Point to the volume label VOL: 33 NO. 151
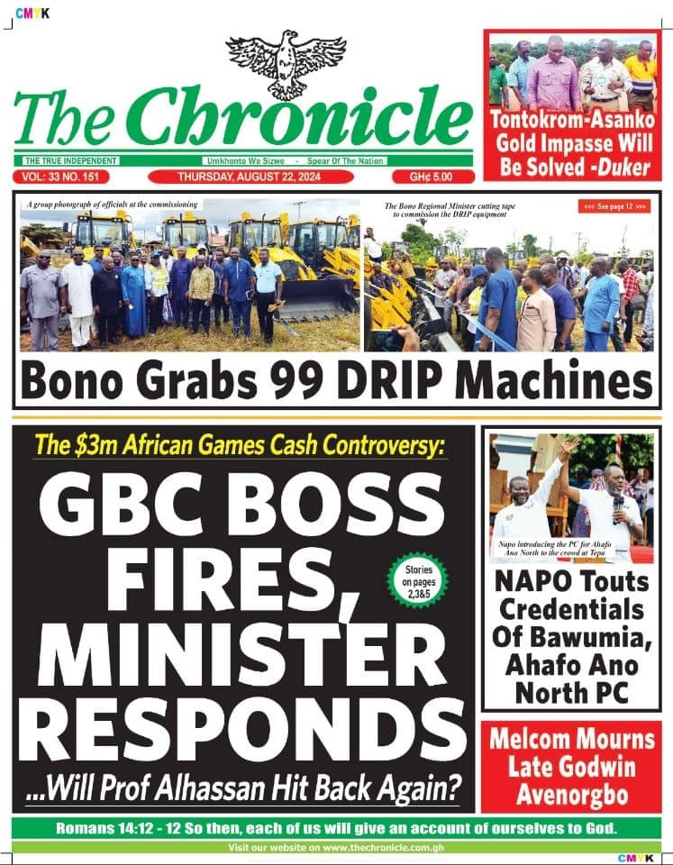click(x=67, y=177)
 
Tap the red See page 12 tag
click(x=615, y=206)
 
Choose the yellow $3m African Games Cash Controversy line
click(x=239, y=445)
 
